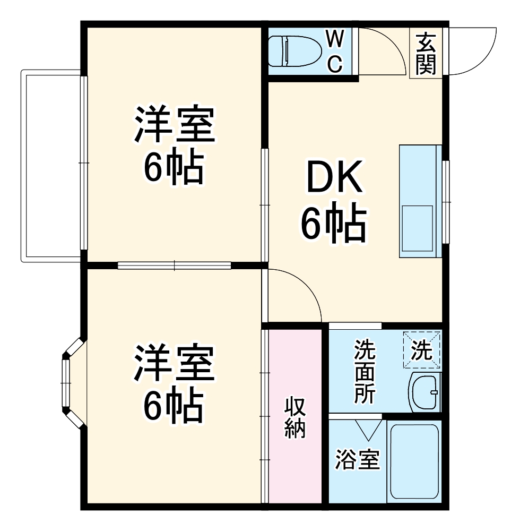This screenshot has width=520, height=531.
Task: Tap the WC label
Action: tap(334, 51)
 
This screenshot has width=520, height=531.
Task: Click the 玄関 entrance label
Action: tap(426, 53)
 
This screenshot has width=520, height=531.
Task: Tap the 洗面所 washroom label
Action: tap(365, 372)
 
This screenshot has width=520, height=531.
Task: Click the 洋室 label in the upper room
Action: tap(174, 125)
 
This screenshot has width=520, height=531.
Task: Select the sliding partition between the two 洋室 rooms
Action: tap(174, 265)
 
